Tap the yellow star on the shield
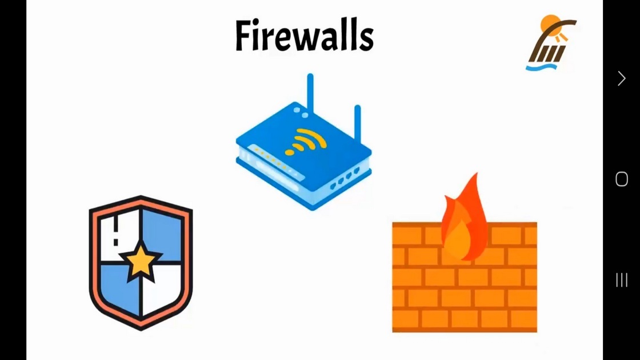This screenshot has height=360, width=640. coord(141,262)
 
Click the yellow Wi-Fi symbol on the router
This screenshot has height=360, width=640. coord(306,142)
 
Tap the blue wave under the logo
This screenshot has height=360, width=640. coord(542,67)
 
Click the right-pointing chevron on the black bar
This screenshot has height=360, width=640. coord(622,78)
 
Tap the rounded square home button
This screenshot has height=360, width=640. coord(622,179)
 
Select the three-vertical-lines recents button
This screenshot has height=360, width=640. coord(622,280)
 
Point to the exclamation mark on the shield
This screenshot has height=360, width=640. coord(116,231)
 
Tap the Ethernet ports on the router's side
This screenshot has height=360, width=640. coord(345,178)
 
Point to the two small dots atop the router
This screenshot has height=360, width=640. coord(301,113)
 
